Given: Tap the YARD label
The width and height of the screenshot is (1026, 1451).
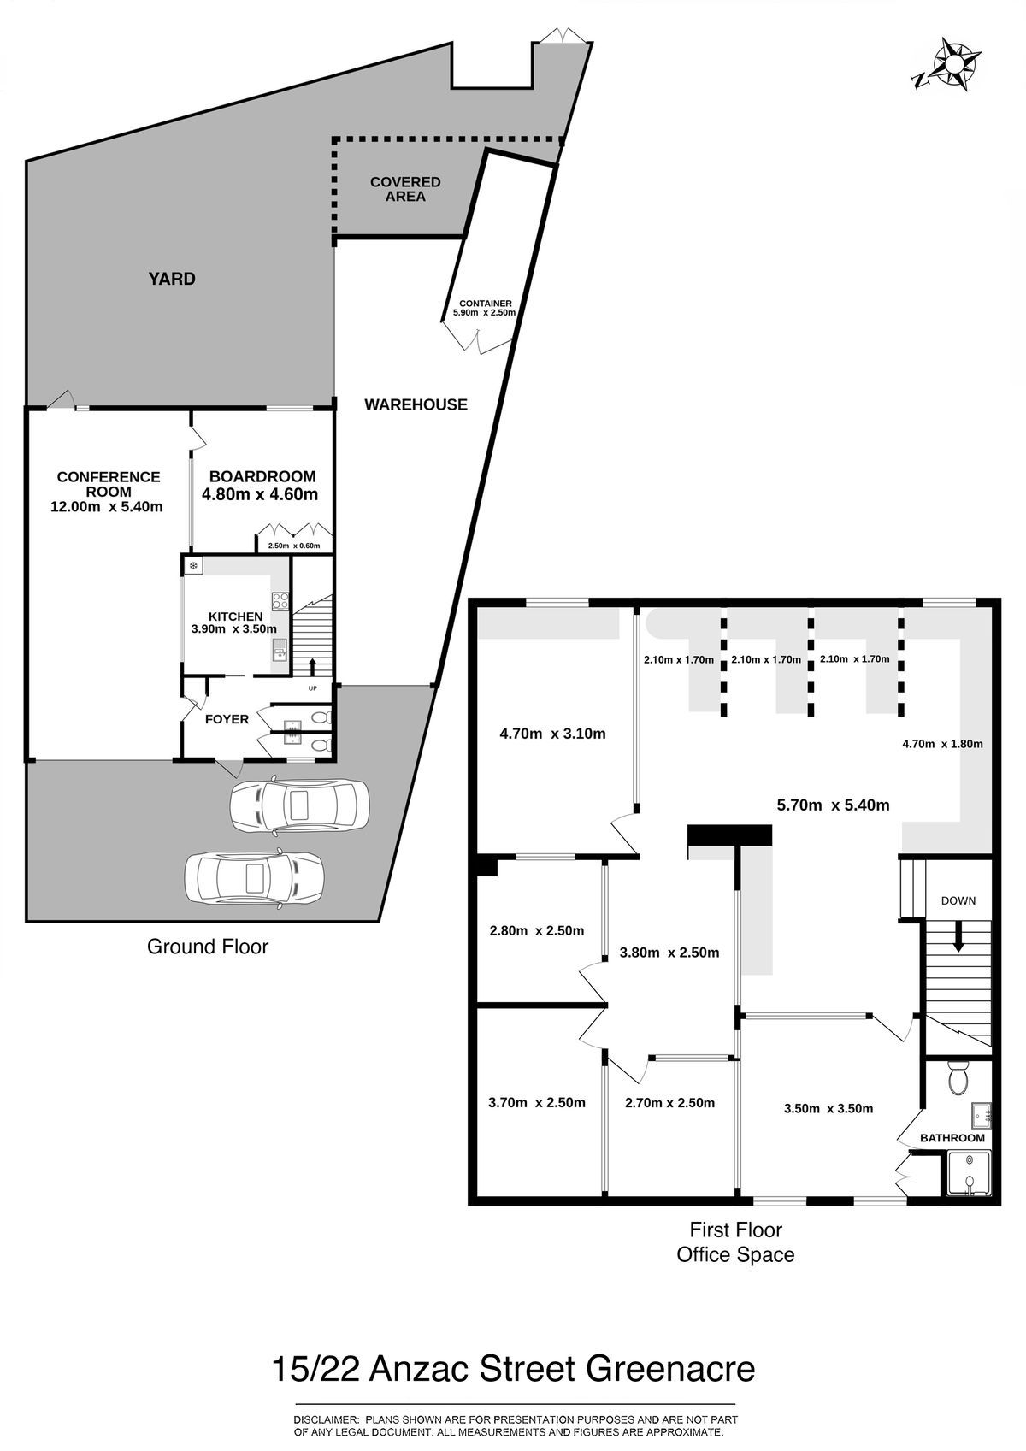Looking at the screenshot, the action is (172, 280).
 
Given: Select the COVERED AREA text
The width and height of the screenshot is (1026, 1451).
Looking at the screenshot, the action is (405, 189).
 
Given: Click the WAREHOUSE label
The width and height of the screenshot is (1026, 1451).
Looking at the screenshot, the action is (416, 404).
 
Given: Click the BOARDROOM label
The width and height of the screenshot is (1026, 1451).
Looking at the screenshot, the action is (262, 476).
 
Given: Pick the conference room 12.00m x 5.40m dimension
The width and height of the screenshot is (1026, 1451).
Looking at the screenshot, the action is (107, 506).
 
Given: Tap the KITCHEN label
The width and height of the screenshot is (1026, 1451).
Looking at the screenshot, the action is (236, 616).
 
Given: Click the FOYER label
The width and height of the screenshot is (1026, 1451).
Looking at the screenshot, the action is (227, 719).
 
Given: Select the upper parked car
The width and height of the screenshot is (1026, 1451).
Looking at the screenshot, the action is (300, 805).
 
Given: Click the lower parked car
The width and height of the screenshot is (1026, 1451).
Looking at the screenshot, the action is (255, 879).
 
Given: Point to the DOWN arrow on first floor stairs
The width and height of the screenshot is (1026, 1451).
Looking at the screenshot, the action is (958, 937).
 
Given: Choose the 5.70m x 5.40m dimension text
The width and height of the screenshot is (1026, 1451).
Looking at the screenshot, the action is (833, 805).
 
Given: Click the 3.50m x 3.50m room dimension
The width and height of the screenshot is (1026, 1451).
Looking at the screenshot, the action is (828, 1108).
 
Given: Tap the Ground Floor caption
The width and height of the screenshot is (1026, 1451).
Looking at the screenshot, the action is (208, 947).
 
